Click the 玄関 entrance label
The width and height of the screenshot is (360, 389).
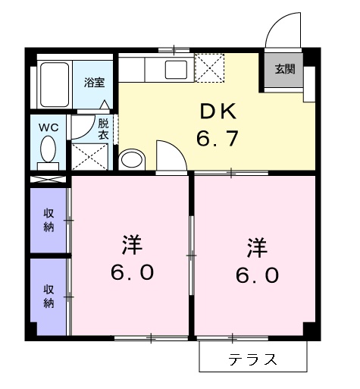tap(284, 69)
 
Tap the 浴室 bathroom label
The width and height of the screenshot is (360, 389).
tap(94, 81)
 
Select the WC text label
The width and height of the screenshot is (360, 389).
tap(49, 127)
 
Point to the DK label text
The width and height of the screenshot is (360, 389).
tap(218, 112)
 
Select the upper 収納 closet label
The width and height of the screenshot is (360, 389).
tap(48, 221)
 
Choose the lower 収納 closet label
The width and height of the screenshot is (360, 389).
tap(48, 296)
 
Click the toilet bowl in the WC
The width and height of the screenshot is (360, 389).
tap(49, 147)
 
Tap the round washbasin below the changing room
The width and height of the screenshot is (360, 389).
tap(132, 160)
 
